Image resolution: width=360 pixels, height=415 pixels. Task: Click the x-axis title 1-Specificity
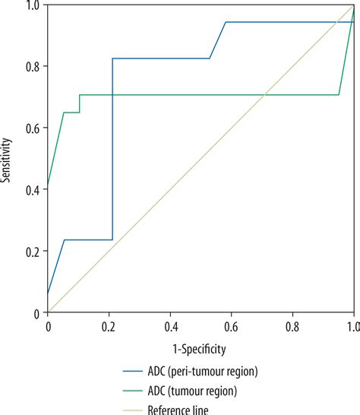click(x=201, y=348)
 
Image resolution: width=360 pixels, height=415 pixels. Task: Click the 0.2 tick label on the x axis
click(x=109, y=326)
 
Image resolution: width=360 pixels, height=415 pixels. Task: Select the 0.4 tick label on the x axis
click(x=170, y=326)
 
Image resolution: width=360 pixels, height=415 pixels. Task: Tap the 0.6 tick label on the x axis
click(x=232, y=326)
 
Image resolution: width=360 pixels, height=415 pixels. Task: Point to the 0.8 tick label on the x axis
click(x=292, y=326)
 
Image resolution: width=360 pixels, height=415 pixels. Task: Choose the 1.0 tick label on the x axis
click(x=352, y=326)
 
